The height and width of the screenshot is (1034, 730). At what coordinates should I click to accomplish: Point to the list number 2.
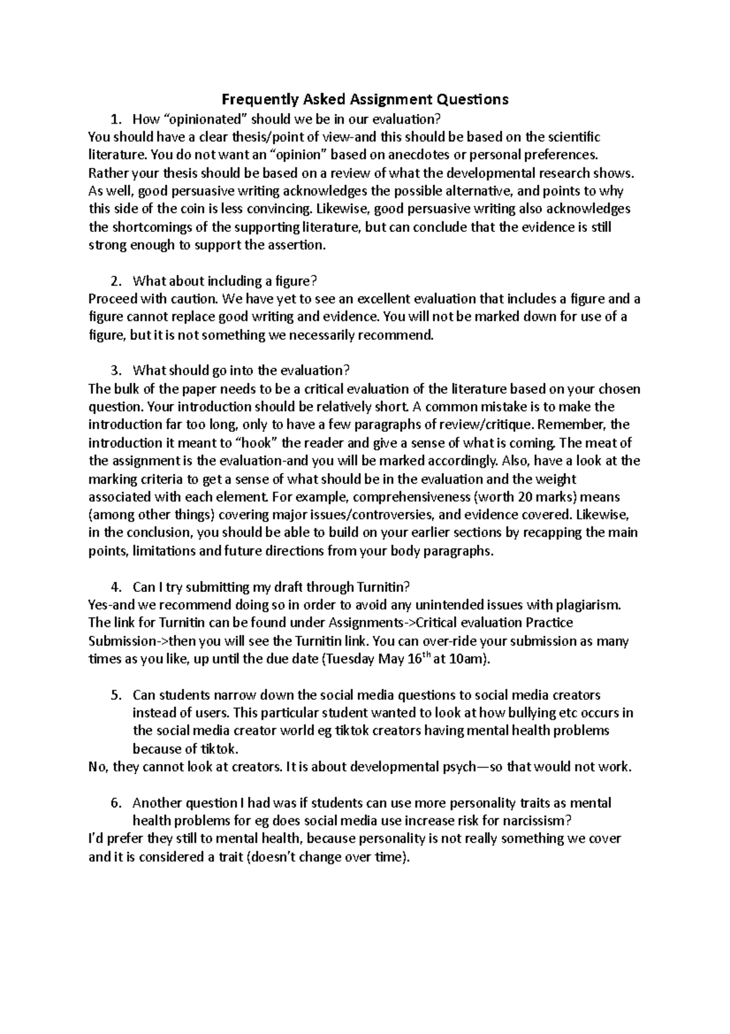[x=114, y=281]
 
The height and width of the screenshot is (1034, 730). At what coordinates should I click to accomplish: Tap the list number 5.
[x=114, y=695]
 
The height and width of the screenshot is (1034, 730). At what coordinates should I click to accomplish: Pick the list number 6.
[x=114, y=803]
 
